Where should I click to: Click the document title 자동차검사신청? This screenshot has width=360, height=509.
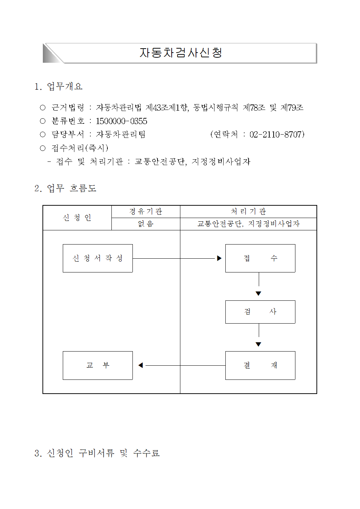coord(181,53)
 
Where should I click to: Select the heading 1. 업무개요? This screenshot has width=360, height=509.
coord(58,86)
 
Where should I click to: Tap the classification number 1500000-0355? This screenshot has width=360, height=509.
coord(122,121)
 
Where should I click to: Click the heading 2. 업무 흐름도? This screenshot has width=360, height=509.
coord(65,188)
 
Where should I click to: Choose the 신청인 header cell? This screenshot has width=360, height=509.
coord(77,218)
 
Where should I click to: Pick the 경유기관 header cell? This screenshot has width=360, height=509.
coord(146,212)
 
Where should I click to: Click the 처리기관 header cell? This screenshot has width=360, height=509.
coord(248,212)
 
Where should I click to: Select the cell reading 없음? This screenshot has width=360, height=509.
coord(146,224)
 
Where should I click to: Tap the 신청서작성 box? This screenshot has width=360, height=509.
coord(98,258)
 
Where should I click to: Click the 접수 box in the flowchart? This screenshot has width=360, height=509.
coord(260,258)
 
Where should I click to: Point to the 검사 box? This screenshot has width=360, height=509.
coord(260,312)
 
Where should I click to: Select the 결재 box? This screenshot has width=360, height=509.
coord(260,365)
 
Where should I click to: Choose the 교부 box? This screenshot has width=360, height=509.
coord(98,365)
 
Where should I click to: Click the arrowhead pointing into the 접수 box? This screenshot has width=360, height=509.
coord(219,258)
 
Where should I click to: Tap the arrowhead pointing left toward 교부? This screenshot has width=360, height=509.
coord(141,365)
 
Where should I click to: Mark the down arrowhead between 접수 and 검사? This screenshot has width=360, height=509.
coord(258,294)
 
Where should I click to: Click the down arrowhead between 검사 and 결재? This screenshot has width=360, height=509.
coord(258,344)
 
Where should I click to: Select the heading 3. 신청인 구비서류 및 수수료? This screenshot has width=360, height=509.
coord(97,453)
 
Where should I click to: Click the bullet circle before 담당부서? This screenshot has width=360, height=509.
coord(43,135)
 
